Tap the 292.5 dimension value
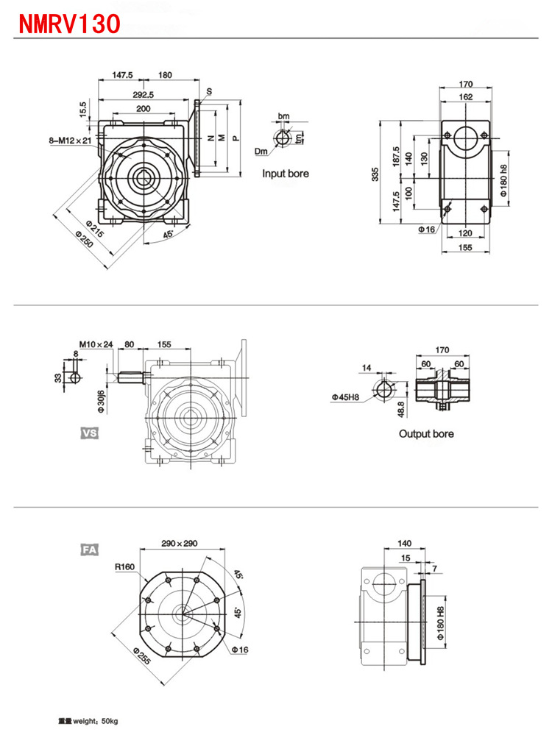(143, 94)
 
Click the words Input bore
(286, 174)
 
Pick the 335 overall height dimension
(375, 174)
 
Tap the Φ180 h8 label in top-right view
(504, 181)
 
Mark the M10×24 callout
(96, 343)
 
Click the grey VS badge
(89, 433)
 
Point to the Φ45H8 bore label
(345, 397)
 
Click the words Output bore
(426, 433)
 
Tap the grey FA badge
(89, 549)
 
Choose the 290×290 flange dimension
(179, 544)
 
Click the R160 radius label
(124, 567)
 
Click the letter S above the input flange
(209, 90)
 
